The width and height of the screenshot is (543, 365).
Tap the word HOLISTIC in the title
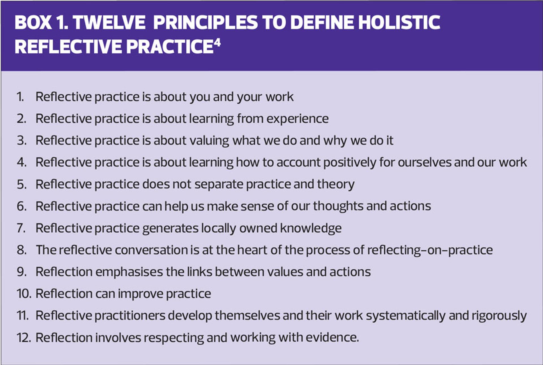(399, 22)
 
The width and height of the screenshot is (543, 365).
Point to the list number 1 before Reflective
(20, 97)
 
